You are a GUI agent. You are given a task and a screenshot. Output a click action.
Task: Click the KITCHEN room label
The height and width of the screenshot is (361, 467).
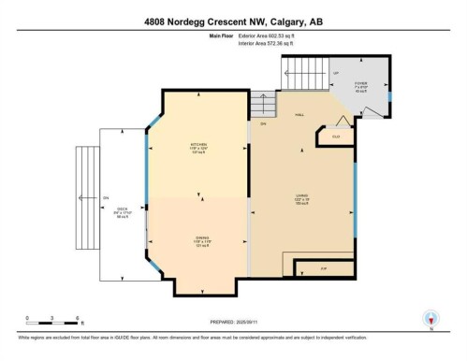[196, 145]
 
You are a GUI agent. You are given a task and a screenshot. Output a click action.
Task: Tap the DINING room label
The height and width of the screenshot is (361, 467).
[196, 238]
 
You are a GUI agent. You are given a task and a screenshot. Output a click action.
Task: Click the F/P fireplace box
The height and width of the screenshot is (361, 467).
[324, 268]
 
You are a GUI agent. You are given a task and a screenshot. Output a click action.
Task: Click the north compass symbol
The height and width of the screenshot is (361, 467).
[431, 319]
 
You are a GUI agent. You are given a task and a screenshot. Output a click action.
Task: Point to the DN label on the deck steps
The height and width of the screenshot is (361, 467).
[106, 197]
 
